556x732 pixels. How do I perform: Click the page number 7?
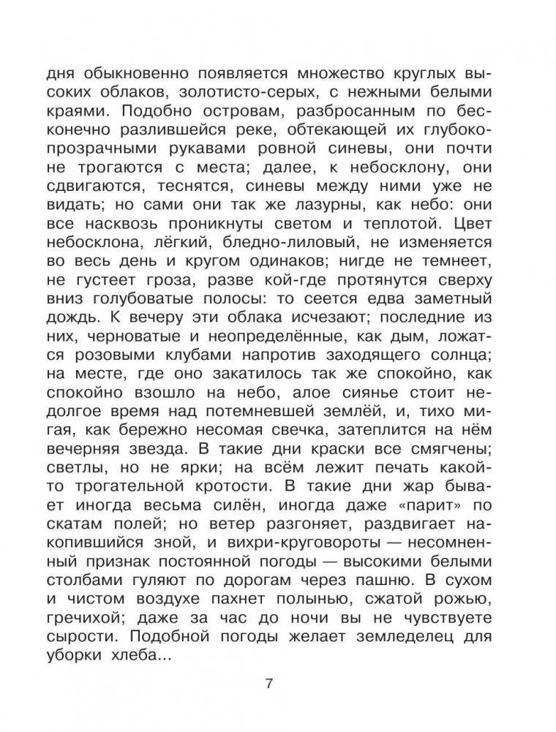click(x=268, y=685)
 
